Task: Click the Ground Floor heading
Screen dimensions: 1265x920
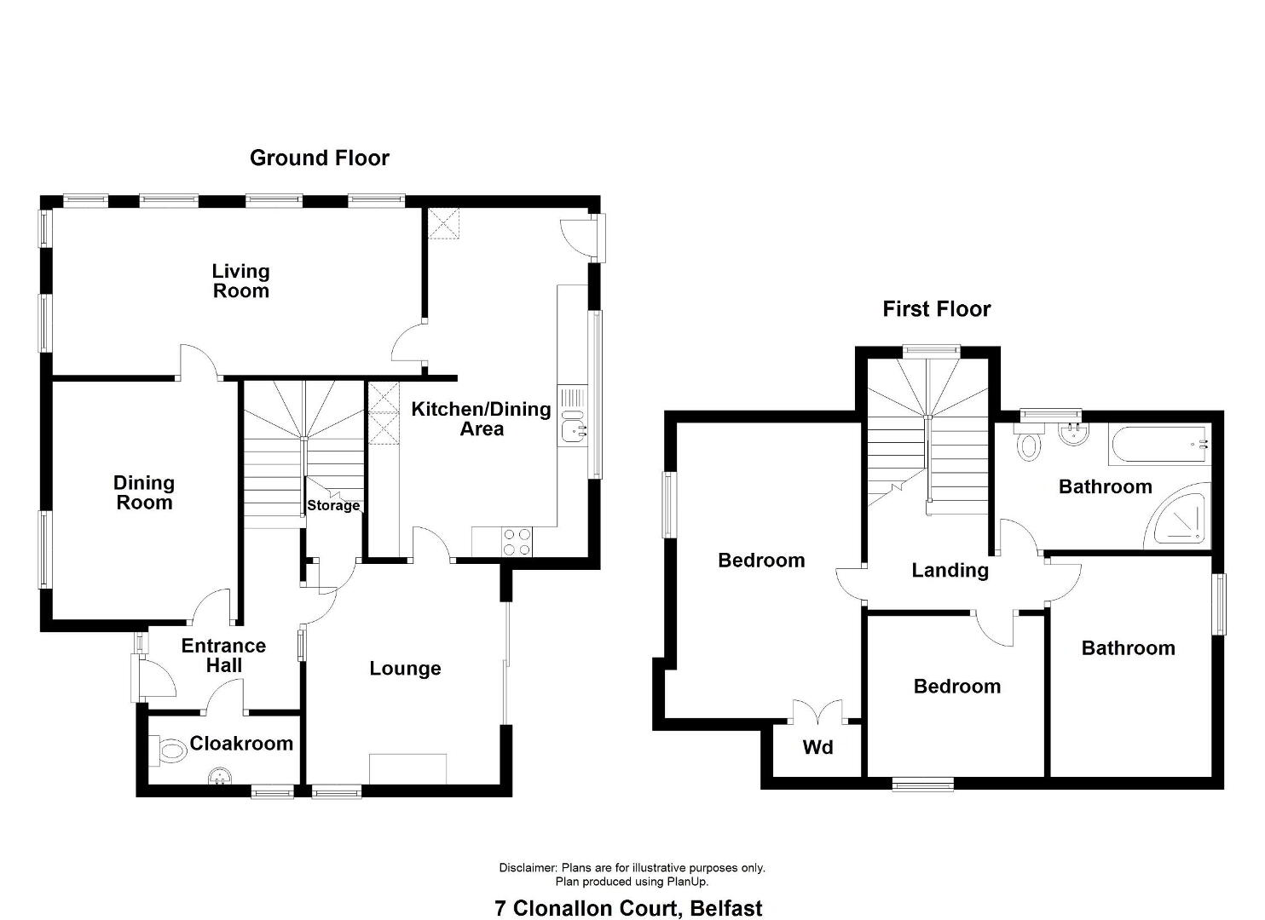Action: click(320, 158)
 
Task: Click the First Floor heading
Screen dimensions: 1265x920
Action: click(936, 309)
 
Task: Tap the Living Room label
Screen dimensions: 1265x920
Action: click(240, 281)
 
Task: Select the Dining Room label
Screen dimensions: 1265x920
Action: click(144, 492)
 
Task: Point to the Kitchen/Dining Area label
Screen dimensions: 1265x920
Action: click(481, 419)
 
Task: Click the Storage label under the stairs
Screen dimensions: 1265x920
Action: click(333, 505)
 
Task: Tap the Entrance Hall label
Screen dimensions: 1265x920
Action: click(223, 655)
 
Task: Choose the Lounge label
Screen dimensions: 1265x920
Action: click(405, 668)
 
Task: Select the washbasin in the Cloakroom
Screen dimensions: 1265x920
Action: click(220, 777)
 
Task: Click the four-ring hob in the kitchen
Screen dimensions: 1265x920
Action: click(517, 542)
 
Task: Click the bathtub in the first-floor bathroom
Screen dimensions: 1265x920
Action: click(1159, 446)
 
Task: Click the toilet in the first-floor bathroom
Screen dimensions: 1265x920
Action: click(1029, 442)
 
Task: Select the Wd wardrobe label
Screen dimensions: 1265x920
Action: click(817, 748)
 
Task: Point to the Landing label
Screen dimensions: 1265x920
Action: click(950, 571)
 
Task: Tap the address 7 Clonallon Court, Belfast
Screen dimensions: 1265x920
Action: click(628, 909)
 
